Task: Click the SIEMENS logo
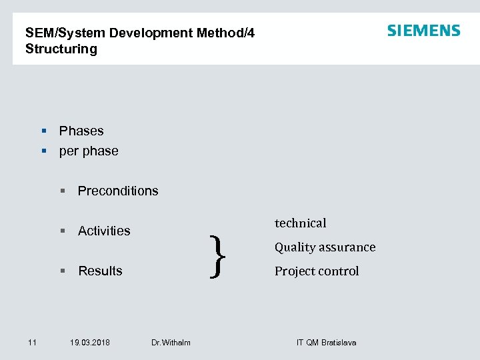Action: tap(423, 31)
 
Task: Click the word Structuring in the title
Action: tap(61, 49)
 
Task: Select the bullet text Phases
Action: tap(81, 131)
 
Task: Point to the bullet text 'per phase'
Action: tap(89, 151)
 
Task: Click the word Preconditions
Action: tap(118, 191)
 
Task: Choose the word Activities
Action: tap(104, 231)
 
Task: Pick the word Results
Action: tap(100, 271)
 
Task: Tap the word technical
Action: tap(300, 223)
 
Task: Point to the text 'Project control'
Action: tap(317, 271)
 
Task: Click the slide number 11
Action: tap(32, 343)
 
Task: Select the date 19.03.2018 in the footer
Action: tap(90, 343)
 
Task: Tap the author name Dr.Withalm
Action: tap(171, 343)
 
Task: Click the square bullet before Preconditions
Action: tap(63, 191)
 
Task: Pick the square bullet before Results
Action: tap(63, 271)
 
